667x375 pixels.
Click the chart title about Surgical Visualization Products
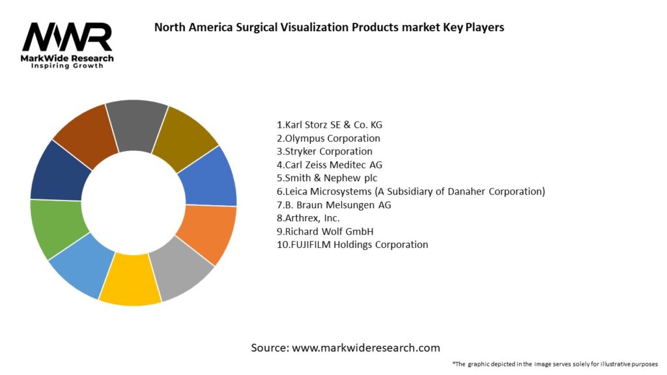tap(328, 27)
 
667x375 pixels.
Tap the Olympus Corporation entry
tap(328, 138)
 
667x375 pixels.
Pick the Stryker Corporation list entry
tap(324, 152)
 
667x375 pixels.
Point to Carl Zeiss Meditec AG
tap(330, 165)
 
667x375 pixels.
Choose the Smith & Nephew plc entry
tap(327, 178)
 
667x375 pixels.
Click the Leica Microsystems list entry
tap(410, 191)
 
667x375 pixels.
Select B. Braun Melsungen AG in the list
tap(334, 205)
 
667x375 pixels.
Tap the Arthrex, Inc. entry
tap(308, 218)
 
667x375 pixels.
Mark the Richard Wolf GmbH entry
tap(325, 231)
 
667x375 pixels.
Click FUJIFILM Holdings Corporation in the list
tap(352, 245)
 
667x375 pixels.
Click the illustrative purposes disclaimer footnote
tap(555, 363)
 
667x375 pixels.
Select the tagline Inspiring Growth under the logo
tap(67, 66)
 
